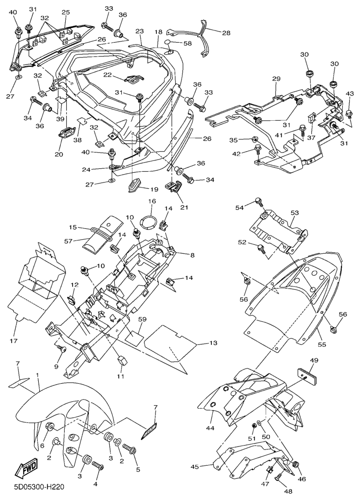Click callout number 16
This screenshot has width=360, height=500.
point(152,201)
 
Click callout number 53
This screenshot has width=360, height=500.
point(294,213)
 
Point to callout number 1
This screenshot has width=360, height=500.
point(37,375)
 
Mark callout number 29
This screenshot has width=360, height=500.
point(277,79)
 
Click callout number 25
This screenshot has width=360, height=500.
point(65,12)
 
